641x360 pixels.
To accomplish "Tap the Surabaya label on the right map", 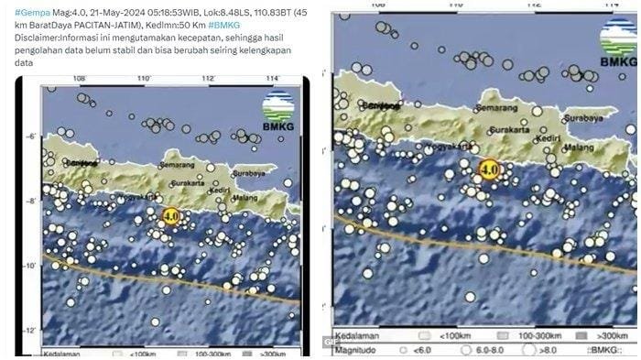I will point(588,117).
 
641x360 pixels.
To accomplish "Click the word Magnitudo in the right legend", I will point(358,349).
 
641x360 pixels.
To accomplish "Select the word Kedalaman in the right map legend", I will point(359,336).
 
